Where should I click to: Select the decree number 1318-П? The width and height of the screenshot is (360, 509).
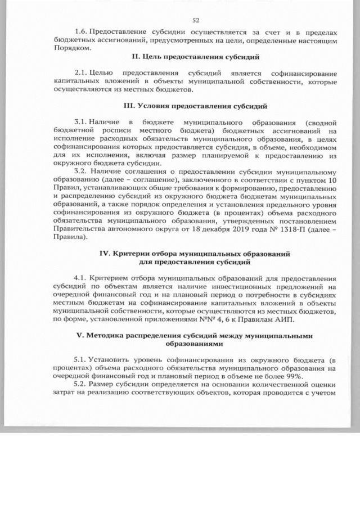297,229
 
